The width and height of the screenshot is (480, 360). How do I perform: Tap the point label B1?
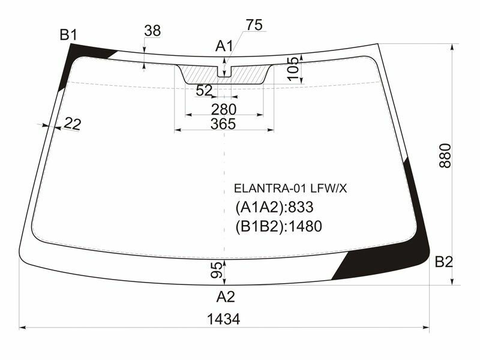click(68, 35)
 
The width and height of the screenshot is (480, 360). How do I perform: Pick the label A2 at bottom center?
click(226, 296)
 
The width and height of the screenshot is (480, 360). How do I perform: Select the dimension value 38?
click(152, 31)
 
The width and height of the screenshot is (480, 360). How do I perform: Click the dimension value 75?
click(254, 25)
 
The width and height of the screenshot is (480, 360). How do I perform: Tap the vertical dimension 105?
click(293, 69)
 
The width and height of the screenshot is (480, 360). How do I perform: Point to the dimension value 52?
click(205, 91)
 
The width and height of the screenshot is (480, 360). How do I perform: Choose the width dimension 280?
click(223, 109)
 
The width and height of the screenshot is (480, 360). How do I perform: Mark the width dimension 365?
click(223, 124)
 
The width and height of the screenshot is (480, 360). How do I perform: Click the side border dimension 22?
click(71, 124)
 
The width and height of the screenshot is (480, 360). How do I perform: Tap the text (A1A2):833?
click(275, 208)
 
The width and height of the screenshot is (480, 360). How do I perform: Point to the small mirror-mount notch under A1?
click(224, 71)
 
